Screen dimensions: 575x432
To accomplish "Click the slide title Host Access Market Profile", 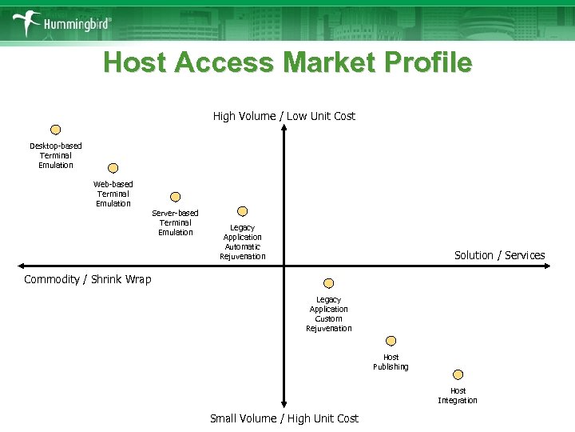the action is [x=287, y=62].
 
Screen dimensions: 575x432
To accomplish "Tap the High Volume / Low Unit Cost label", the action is [x=284, y=116].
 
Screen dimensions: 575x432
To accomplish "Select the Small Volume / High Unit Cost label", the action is [x=284, y=418].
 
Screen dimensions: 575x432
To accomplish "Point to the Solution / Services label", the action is [x=499, y=255].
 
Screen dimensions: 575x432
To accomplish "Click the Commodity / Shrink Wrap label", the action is [x=87, y=279].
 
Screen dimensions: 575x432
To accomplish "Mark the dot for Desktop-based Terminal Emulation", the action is [x=56, y=130].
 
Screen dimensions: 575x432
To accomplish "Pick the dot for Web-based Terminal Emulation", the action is [x=113, y=168].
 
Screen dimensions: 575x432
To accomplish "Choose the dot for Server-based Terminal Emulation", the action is [x=176, y=197].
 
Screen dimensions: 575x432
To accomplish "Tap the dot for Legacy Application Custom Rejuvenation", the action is [x=328, y=283].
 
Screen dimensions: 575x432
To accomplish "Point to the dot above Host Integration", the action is [x=458, y=374].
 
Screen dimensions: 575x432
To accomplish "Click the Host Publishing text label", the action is [x=391, y=362].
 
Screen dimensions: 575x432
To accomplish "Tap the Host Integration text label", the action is [x=458, y=395].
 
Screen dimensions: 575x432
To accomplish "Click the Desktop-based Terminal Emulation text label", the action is [x=56, y=155].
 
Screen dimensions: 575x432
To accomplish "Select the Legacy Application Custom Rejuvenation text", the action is [x=328, y=314].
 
